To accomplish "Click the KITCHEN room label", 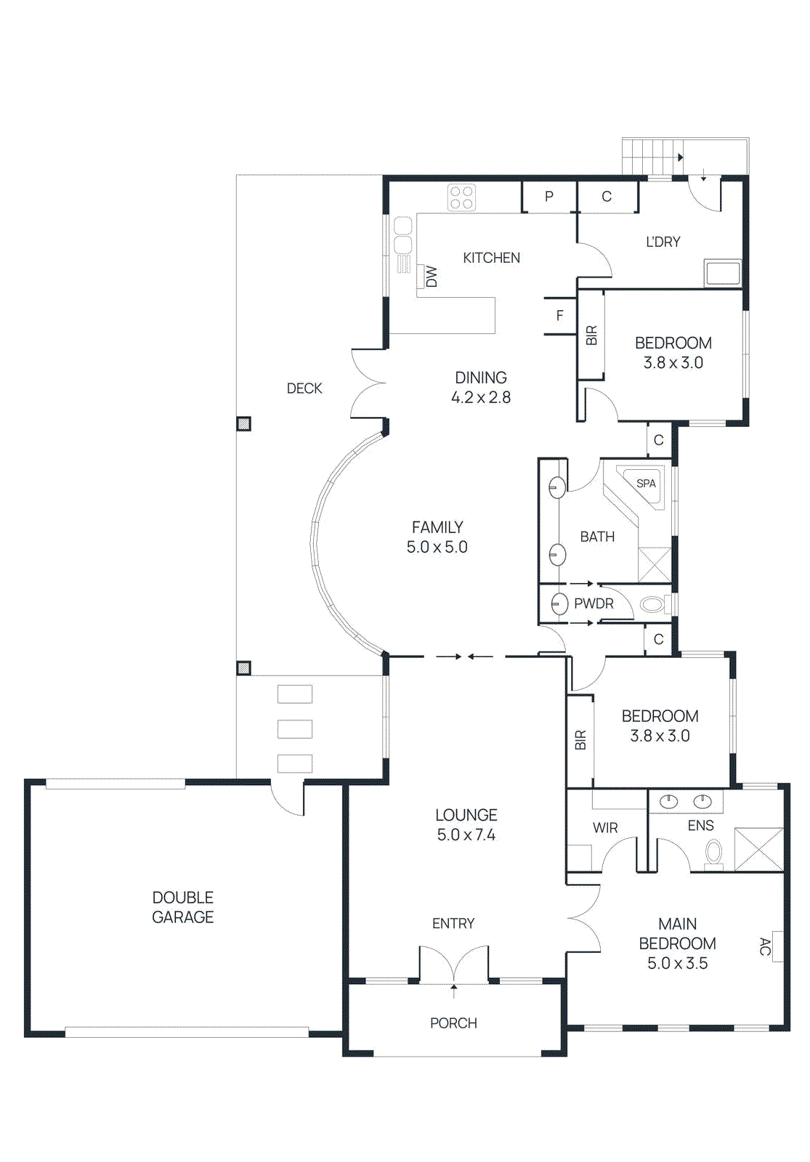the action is click(491, 258).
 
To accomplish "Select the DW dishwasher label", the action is click(432, 277).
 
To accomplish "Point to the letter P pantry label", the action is click(549, 196).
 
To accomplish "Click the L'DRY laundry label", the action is click(663, 242).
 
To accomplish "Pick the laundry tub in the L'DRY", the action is click(722, 273).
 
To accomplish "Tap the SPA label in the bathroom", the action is click(646, 484).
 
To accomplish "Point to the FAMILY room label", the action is click(437, 527).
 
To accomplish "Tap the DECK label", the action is click(304, 388).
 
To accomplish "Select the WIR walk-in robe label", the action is click(605, 828).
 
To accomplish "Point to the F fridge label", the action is click(560, 315).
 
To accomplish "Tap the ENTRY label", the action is click(453, 923).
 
